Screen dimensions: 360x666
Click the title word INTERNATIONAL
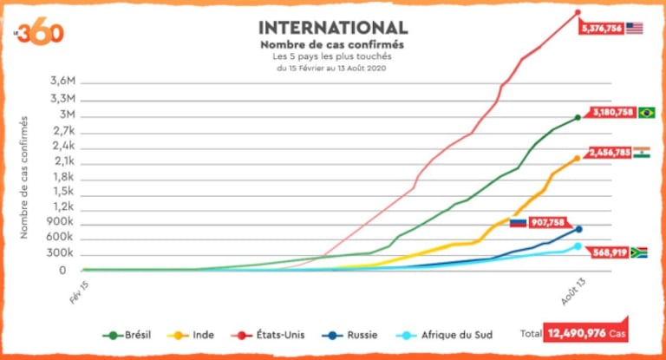[x=333, y=28]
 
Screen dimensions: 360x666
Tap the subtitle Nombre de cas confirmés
[x=333, y=44]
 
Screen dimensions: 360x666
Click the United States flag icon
[x=635, y=28]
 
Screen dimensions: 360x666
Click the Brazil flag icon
[x=646, y=112]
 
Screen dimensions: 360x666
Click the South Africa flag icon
[x=638, y=252]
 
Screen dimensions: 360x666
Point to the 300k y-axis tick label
[x=61, y=254]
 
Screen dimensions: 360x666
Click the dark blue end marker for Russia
[x=578, y=229]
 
